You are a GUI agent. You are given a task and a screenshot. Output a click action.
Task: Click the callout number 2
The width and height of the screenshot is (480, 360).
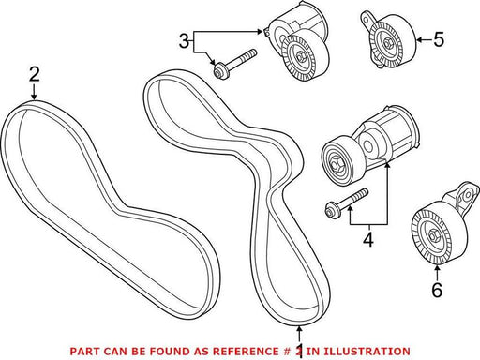pyautogui.click(x=35, y=75)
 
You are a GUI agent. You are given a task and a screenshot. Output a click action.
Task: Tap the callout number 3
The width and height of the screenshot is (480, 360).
pyautogui.click(x=184, y=41)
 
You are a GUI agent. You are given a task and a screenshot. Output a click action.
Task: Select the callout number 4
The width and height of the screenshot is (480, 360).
pyautogui.click(x=368, y=240)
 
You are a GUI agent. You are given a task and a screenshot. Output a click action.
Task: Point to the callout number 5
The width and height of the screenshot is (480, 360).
pyautogui.click(x=439, y=39)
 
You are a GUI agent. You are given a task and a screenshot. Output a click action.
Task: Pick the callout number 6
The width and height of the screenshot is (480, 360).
pyautogui.click(x=437, y=290)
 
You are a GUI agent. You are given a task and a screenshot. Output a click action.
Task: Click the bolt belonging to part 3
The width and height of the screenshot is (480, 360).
pyautogui.click(x=234, y=64)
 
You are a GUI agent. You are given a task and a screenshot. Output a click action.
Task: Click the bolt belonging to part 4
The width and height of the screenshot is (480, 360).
pyautogui.click(x=347, y=202)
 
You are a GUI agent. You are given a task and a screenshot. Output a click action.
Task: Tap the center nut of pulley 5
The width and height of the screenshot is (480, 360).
pyautogui.click(x=387, y=41)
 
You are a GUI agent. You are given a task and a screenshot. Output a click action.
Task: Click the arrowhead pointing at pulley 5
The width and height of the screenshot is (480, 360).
pyautogui.click(x=419, y=39)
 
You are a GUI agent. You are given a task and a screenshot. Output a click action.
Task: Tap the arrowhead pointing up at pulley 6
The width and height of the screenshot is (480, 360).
pyautogui.click(x=437, y=267)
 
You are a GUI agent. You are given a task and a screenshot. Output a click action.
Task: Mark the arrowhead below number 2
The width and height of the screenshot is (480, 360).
pyautogui.click(x=34, y=97)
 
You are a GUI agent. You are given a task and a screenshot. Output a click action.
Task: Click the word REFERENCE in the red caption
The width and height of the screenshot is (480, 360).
pyautogui.click(x=245, y=352)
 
